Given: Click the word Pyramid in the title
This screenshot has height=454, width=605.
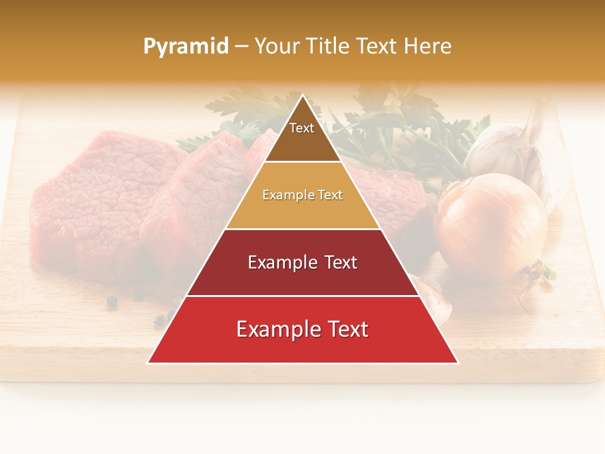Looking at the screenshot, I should click(x=186, y=46).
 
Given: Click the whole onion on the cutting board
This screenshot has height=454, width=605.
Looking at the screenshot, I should click(x=492, y=224).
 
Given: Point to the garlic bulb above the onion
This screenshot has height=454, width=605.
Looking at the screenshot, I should click(x=504, y=148).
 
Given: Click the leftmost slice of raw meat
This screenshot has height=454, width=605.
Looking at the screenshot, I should click(x=88, y=202).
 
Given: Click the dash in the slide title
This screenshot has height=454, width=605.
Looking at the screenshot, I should click(x=241, y=46).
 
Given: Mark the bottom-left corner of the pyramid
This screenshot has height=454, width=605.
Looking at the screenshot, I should click(x=147, y=363).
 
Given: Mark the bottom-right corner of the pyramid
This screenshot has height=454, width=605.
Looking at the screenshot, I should click(x=458, y=363).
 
